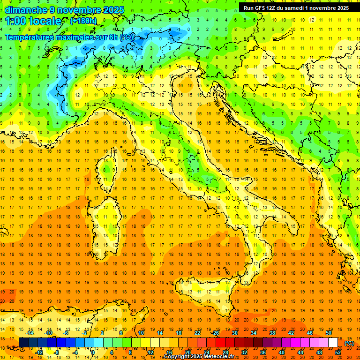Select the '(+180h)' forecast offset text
pos(83,21)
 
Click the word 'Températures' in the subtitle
pos(29,37)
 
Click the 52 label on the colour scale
pos(338,352)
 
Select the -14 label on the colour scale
pos(30,333)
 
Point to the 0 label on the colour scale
pos(93,352)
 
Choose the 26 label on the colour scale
pos(216,333)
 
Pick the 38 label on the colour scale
pos(272,333)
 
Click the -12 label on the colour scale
pos(39,352)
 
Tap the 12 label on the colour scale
pos(150,352)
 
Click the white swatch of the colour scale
pos(333,342)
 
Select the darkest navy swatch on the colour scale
pos(23,342)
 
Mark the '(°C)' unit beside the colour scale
pos(349,343)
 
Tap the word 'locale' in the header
pos(45,21)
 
